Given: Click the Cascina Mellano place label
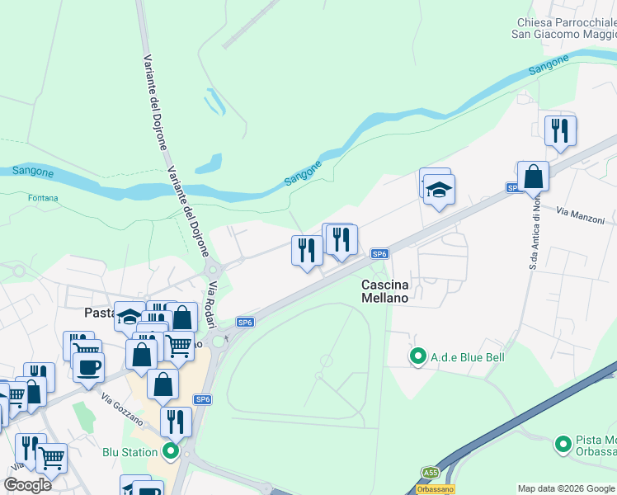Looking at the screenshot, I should point(385,290).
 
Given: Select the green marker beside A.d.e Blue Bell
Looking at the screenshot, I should point(418,357).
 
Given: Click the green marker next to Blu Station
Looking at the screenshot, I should point(171,451).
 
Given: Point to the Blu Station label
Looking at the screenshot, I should point(130,452).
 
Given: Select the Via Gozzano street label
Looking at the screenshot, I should point(123,407).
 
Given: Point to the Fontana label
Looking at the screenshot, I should point(43,198).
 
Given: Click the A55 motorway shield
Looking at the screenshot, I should point(431,473).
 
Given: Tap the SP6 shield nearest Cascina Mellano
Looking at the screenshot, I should point(379,253).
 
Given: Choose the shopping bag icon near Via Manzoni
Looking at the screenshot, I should point(534,177).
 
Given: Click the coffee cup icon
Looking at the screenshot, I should point(88,367).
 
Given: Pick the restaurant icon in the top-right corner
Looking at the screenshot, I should point(560,130).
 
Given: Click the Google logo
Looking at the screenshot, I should point(27,485).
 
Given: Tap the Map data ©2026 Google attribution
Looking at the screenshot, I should point(567,488).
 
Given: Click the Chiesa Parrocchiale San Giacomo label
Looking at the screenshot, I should point(564,28).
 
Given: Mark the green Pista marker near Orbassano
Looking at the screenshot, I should point(563,445).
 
